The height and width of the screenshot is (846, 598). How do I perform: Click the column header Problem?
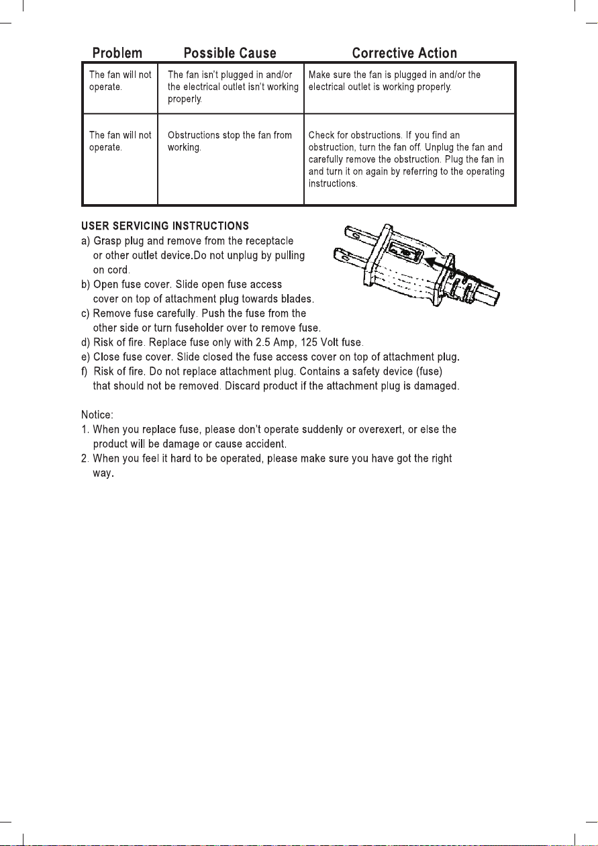117,53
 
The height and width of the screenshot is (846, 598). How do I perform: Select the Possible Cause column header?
230,53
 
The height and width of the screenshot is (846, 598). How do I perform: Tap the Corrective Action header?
404,53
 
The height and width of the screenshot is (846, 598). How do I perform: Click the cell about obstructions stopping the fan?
230,141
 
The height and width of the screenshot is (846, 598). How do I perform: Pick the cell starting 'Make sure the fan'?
395,81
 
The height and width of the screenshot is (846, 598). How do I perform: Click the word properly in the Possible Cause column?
183,99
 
